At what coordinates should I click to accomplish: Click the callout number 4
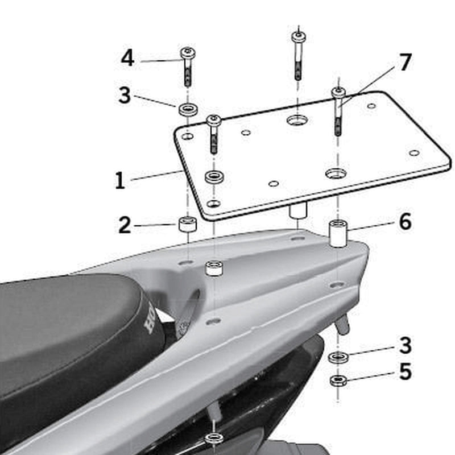(x=128, y=58)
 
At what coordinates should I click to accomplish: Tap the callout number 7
(x=404, y=63)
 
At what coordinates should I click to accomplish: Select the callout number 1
(x=119, y=180)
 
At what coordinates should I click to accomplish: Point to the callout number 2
(x=125, y=225)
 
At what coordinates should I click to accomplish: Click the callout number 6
(x=404, y=222)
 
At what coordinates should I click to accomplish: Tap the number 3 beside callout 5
(x=405, y=345)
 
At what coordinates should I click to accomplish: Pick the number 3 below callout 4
(x=125, y=95)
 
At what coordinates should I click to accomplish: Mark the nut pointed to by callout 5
(x=338, y=380)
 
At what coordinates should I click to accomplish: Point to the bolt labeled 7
(x=338, y=111)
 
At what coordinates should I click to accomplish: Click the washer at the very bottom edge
(x=214, y=438)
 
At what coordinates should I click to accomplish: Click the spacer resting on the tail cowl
(x=214, y=268)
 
